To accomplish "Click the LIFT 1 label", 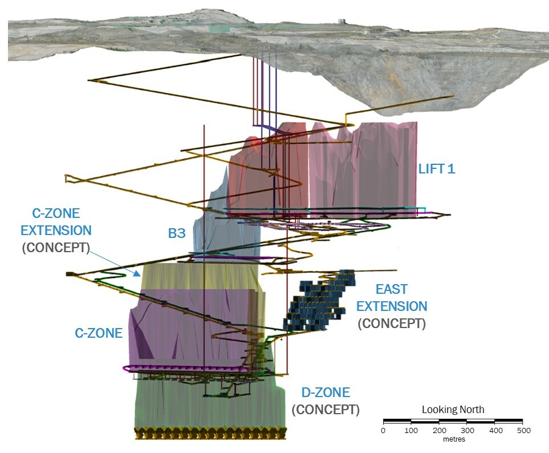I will tap(437, 169).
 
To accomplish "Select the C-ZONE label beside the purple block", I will tap(99, 333).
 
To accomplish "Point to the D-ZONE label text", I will tap(326, 393).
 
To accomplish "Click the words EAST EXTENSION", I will tap(392, 297).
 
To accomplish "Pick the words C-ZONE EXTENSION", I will tap(55, 222).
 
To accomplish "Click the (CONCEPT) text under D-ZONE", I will tap(326, 410).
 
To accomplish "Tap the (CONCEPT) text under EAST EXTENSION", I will tap(392, 323).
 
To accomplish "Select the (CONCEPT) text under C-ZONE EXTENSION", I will tap(55, 248).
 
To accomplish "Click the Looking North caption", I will tap(453, 410).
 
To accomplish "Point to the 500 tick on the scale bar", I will tap(523, 430).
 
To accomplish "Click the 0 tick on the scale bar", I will tap(383, 430).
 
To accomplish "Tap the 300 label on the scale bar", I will tap(467, 430).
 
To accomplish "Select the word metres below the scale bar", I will tap(453, 439).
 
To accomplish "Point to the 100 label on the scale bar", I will tap(411, 430).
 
